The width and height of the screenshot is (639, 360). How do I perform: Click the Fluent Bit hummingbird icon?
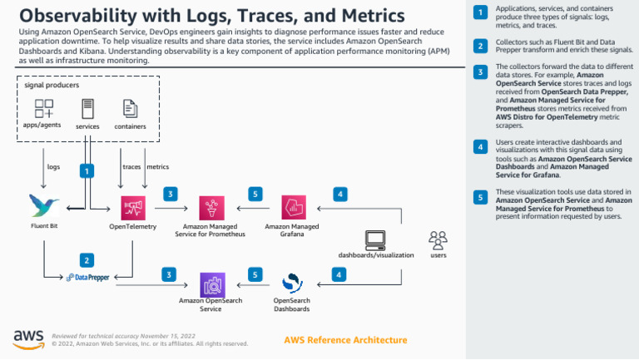[x=43, y=205]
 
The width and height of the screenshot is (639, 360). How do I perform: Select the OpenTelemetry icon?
[x=133, y=206]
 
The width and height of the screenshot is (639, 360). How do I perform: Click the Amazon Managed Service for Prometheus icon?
[x=211, y=206]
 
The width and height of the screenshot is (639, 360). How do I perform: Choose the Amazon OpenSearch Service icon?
[x=211, y=284]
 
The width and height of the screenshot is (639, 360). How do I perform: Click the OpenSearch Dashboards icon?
[x=293, y=284]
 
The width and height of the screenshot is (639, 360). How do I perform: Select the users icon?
[x=438, y=240]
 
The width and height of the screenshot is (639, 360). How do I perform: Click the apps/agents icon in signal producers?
[x=43, y=108]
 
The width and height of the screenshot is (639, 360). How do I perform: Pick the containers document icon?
[x=130, y=108]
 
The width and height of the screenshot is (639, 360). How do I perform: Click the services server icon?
[x=87, y=108]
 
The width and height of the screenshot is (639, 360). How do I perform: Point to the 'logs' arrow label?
[x=53, y=167]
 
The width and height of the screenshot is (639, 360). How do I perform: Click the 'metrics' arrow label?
[x=157, y=167]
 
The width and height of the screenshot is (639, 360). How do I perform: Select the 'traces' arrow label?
[x=131, y=167]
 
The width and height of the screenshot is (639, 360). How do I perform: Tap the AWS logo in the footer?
[x=28, y=338]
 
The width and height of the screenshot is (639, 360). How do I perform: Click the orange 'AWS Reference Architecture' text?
[x=345, y=340]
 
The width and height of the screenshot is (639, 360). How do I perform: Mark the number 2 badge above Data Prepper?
[x=86, y=259]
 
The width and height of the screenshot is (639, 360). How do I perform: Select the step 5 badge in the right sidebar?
[x=480, y=197]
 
